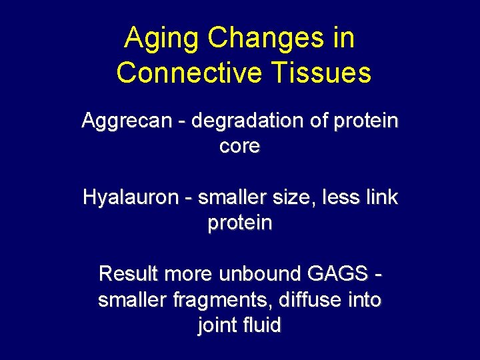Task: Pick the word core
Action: (239, 147)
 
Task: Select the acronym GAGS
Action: (338, 274)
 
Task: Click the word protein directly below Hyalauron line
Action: (239, 223)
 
